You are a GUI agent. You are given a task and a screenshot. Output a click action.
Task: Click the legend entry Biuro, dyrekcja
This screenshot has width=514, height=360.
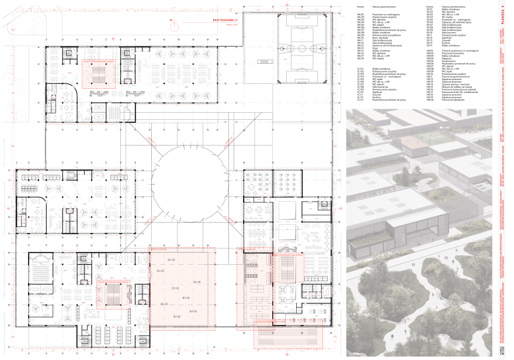click(x=380, y=38)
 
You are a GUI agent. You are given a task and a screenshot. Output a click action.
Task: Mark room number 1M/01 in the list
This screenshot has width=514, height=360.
click(x=360, y=15)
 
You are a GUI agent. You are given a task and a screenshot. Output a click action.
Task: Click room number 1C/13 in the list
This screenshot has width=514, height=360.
click(x=360, y=100)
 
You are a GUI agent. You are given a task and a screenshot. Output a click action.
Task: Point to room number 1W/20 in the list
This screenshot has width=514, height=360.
click(x=429, y=100)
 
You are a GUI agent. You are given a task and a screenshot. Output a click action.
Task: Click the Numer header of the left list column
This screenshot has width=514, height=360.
click(x=360, y=7)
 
